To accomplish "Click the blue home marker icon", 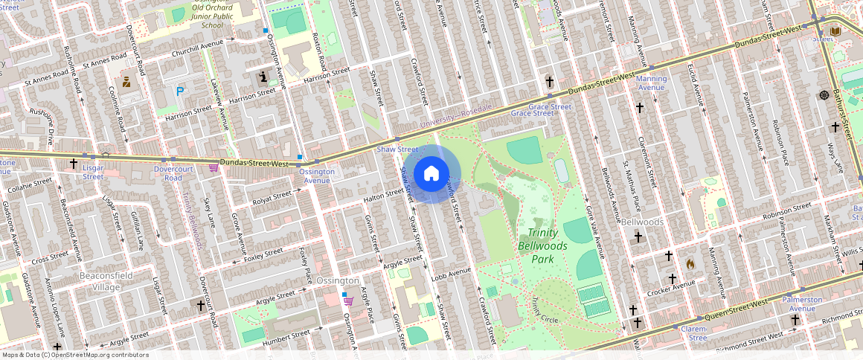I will click(431, 174).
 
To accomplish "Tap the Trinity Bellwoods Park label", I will click(542, 245).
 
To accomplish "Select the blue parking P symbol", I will click(180, 91).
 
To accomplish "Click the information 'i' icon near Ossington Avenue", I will click(263, 77).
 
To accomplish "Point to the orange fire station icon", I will click(690, 263).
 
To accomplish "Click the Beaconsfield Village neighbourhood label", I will click(99, 282).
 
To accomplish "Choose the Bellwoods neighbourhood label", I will click(642, 222).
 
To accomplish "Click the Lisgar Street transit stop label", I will click(93, 173).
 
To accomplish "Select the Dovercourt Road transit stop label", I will click(168, 173).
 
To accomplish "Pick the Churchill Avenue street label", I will click(197, 48).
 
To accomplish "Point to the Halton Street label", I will click(383, 196).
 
